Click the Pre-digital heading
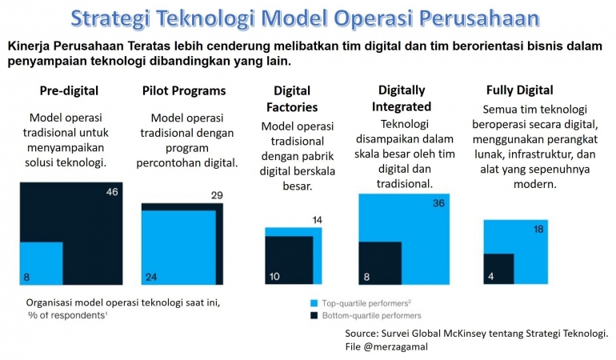click(x=70, y=90)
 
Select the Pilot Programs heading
click(x=184, y=90)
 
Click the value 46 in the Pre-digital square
click(x=113, y=192)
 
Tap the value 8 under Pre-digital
click(x=26, y=277)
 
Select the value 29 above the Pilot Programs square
click(x=216, y=195)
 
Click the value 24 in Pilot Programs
click(x=151, y=277)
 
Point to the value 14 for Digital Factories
click(x=318, y=220)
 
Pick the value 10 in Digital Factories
click(x=273, y=277)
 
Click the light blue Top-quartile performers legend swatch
click(x=314, y=304)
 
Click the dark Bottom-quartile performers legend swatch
click(x=314, y=316)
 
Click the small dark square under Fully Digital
click(x=498, y=269)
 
